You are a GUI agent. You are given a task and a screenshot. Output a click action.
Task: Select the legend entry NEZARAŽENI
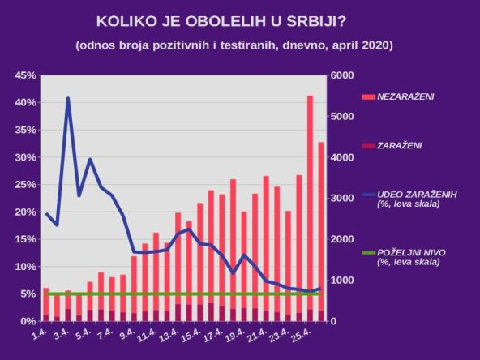point(406,96)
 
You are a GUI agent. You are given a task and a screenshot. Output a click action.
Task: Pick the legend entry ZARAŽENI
point(400,145)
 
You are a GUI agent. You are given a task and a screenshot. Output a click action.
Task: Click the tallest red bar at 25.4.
point(310,203)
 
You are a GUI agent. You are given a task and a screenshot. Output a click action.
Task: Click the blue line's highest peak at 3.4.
point(68,99)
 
